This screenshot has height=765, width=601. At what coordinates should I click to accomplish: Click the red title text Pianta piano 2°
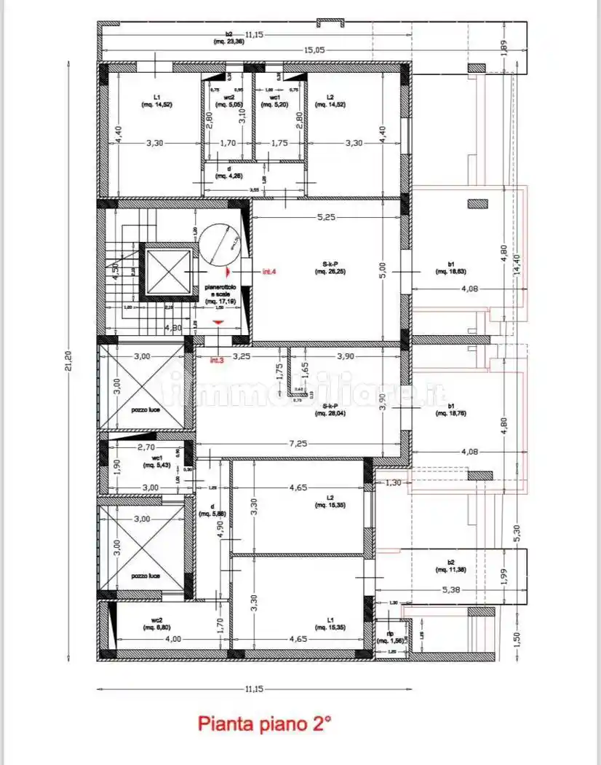click(x=264, y=724)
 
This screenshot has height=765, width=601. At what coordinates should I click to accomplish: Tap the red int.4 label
click(x=269, y=272)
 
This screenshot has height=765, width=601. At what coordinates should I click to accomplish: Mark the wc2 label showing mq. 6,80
click(x=156, y=624)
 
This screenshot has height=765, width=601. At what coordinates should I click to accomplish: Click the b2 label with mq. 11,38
click(x=451, y=565)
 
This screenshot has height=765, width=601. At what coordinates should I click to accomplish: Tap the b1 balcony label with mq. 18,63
click(x=450, y=267)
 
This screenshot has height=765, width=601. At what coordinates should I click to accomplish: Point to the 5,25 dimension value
click(x=325, y=217)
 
